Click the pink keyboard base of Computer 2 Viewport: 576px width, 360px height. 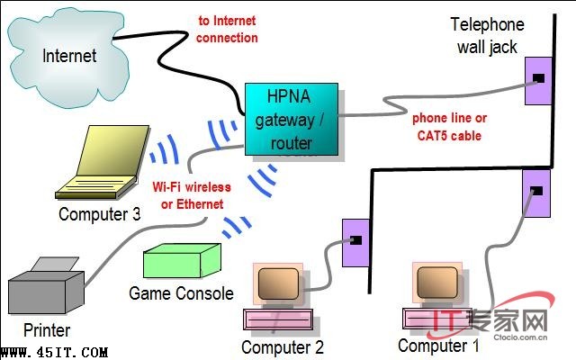tap(280, 319)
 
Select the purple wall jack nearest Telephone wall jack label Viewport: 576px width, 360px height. tap(538, 79)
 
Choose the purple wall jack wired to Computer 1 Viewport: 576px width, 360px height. tap(535, 191)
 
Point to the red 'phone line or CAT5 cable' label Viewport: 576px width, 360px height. tap(449, 127)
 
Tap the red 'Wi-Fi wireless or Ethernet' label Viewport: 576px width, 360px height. tap(192, 195)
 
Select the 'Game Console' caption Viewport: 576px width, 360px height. tap(181, 293)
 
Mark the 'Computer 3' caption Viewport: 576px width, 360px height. tap(99, 214)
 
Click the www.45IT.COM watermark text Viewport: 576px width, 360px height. tap(56, 352)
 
